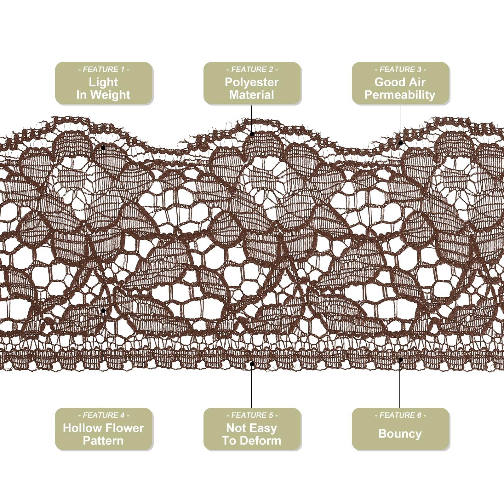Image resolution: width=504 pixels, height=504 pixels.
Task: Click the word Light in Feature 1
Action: pyautogui.click(x=103, y=83)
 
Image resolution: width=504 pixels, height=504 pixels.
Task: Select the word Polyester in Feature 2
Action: pyautogui.click(x=252, y=83)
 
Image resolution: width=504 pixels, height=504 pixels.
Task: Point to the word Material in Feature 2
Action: pyautogui.click(x=252, y=95)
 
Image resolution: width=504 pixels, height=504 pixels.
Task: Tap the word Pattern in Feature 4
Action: pyautogui.click(x=103, y=441)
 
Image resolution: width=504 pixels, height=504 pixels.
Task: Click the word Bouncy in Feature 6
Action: pyautogui.click(x=400, y=434)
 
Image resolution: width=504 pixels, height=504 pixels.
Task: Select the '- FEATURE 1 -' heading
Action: pyautogui.click(x=104, y=69)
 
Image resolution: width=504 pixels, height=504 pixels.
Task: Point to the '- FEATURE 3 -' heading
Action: pyautogui.click(x=400, y=69)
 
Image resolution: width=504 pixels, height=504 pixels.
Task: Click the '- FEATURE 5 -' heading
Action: pyautogui.click(x=252, y=415)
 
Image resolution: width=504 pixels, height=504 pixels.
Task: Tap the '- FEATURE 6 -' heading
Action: pyautogui.click(x=400, y=415)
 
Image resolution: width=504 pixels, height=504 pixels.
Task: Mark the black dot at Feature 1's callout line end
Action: pyautogui.click(x=103, y=147)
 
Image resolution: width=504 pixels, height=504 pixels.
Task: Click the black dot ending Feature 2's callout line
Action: pyautogui.click(x=252, y=134)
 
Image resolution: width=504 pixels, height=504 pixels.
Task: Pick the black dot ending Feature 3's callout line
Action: pyautogui.click(x=400, y=143)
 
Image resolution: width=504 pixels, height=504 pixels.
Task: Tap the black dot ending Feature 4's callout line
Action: pyautogui.click(x=103, y=311)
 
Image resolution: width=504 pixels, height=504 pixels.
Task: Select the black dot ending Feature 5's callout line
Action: pyautogui.click(x=252, y=364)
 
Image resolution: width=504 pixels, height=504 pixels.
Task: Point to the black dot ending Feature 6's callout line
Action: pyautogui.click(x=400, y=359)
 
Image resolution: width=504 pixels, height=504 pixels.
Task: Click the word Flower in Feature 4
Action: pyautogui.click(x=123, y=428)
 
